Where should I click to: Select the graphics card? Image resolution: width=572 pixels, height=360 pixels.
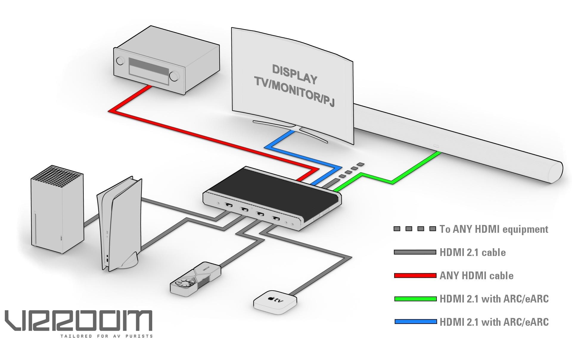coord(195,279)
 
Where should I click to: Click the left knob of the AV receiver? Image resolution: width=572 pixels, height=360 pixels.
coord(120,60)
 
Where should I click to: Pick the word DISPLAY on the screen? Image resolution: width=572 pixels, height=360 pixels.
coord(294,74)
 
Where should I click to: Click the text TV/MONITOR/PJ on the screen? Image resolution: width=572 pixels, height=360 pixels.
coord(294,91)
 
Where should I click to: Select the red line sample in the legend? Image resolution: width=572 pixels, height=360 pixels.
coord(415,275)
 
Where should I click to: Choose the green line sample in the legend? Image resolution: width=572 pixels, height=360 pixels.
coord(415,299)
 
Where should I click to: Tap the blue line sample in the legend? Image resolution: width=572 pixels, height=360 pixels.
coord(415,322)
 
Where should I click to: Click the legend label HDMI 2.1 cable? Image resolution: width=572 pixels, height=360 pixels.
coord(472,252)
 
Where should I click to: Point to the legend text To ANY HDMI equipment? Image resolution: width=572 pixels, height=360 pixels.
coord(494,229)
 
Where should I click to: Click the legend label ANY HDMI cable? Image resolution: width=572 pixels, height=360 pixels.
coord(476,276)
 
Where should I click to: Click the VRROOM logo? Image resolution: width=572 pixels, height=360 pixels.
coord(78,320)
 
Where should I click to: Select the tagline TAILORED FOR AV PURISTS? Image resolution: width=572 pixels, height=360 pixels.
coord(106,336)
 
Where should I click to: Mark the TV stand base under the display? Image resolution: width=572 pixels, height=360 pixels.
coord(290,130)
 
